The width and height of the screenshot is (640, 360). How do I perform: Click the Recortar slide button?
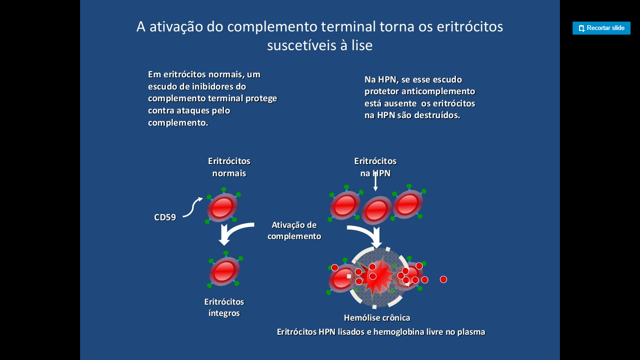[601, 28]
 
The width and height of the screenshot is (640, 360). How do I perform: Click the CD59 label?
[165, 217]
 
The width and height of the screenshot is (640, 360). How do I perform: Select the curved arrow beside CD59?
[192, 208]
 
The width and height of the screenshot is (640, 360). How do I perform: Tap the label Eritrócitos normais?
[229, 167]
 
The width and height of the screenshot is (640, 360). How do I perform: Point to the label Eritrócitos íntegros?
[224, 307]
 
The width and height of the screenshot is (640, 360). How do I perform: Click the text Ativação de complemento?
[294, 231]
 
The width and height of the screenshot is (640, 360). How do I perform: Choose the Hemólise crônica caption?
[377, 318]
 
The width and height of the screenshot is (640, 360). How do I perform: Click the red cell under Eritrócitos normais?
[223, 207]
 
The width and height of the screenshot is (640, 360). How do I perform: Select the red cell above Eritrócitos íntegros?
[224, 271]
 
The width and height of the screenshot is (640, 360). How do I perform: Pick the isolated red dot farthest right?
[443, 279]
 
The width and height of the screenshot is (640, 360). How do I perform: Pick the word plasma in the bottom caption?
[472, 332]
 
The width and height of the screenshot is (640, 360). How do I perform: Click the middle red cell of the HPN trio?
[376, 210]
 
